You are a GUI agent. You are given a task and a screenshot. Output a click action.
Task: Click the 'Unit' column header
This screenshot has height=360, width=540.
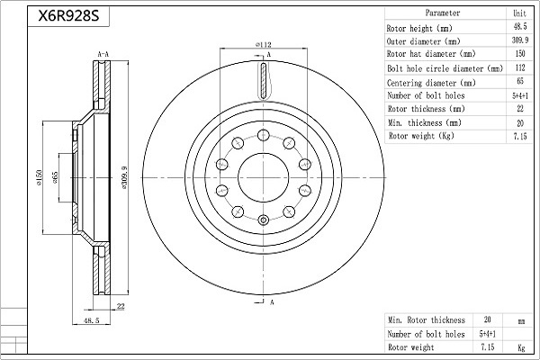pos(518,13)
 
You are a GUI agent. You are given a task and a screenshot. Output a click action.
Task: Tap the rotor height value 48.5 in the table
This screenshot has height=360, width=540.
pos(518,29)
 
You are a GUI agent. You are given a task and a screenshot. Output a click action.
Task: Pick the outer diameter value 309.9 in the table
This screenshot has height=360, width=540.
pos(518,41)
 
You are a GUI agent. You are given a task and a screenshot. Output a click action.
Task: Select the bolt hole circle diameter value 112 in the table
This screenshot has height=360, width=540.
pos(518,68)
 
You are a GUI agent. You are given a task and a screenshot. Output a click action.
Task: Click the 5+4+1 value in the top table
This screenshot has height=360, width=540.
pos(518,95)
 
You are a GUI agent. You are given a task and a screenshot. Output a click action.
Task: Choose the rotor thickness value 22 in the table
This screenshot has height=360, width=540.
pos(518,109)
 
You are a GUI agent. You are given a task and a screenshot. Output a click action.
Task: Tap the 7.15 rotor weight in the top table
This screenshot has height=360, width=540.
pos(518,136)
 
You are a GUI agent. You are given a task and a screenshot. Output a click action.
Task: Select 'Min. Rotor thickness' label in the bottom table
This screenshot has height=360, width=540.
pos(427,319)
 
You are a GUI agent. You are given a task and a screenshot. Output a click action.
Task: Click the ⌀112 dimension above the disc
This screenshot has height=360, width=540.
pos(263,44)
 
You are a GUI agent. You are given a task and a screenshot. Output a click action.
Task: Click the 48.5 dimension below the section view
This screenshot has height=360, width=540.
pos(91,320)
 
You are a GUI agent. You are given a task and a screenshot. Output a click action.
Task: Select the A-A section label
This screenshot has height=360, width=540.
pos(103,56)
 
